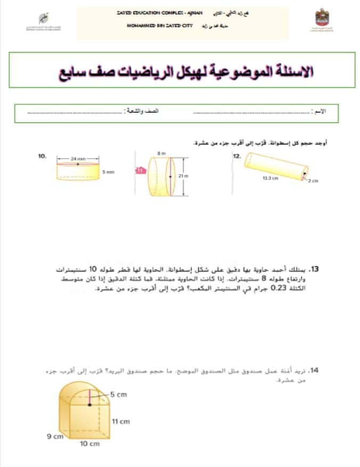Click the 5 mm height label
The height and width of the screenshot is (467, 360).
(x=108, y=172)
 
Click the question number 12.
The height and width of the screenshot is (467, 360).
(x=237, y=156)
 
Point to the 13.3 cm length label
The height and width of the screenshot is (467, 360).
(x=271, y=179)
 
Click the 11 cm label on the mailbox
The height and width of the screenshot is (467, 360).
(x=121, y=422)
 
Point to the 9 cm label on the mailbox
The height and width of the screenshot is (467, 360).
(x=55, y=436)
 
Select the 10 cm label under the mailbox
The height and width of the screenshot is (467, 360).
(x=90, y=444)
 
